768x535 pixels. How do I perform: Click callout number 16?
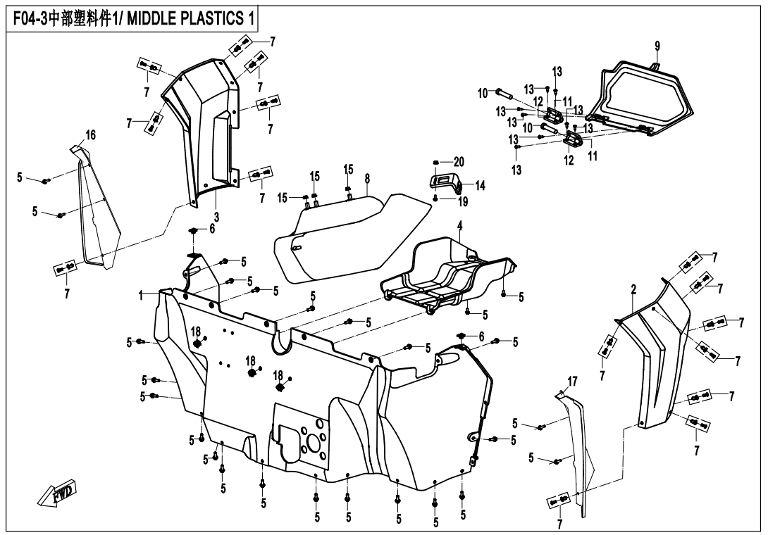(x=91, y=134)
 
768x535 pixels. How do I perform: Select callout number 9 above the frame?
(x=657, y=46)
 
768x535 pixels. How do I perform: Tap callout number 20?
(x=459, y=161)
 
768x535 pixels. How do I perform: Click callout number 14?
(x=480, y=186)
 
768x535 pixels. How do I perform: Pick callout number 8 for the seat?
(x=367, y=179)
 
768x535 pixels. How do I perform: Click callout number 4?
(x=459, y=226)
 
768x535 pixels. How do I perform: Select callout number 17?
(x=572, y=381)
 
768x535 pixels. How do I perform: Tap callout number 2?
(x=633, y=289)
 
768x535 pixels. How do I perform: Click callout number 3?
(x=216, y=215)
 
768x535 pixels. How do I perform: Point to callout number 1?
(x=140, y=296)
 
